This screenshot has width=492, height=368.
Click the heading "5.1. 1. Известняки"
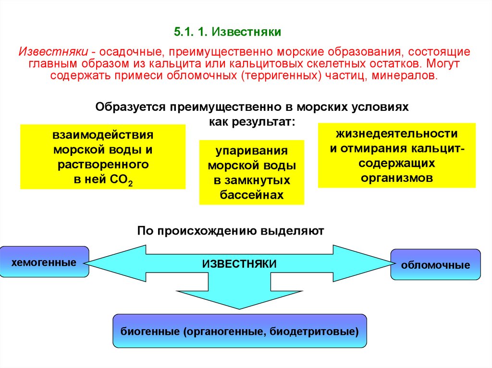coord(227,33)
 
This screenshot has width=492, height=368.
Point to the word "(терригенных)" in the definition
coord(282,76)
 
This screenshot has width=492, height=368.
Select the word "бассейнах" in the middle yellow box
coord(251,195)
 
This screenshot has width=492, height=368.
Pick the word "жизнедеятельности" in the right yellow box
coord(396,133)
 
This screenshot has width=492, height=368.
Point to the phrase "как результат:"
coord(252,122)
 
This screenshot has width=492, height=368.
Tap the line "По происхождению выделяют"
coord(231,231)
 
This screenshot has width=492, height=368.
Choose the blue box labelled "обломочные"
coord(435,264)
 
